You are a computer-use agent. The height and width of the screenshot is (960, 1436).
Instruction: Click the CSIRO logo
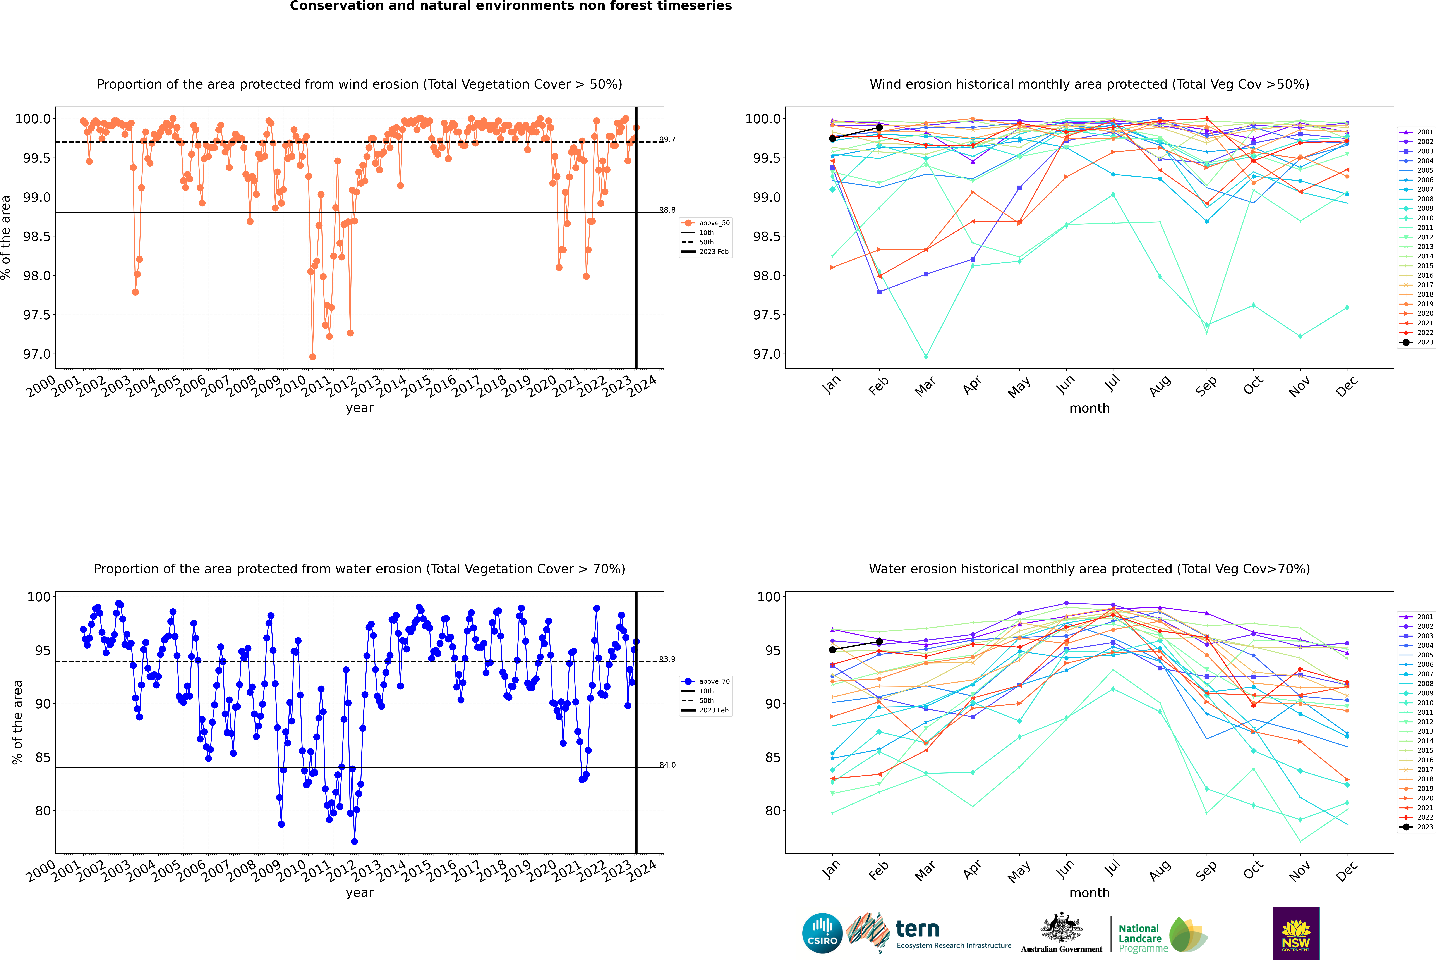[x=822, y=933]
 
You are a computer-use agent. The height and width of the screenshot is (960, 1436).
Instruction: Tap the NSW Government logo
[x=1296, y=933]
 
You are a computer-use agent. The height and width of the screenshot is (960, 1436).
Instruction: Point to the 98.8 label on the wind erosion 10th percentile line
[x=667, y=210]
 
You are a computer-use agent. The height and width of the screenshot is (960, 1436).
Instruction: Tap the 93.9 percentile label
[x=667, y=659]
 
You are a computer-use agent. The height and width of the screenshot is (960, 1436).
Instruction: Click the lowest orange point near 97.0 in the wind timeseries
[x=313, y=356]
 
